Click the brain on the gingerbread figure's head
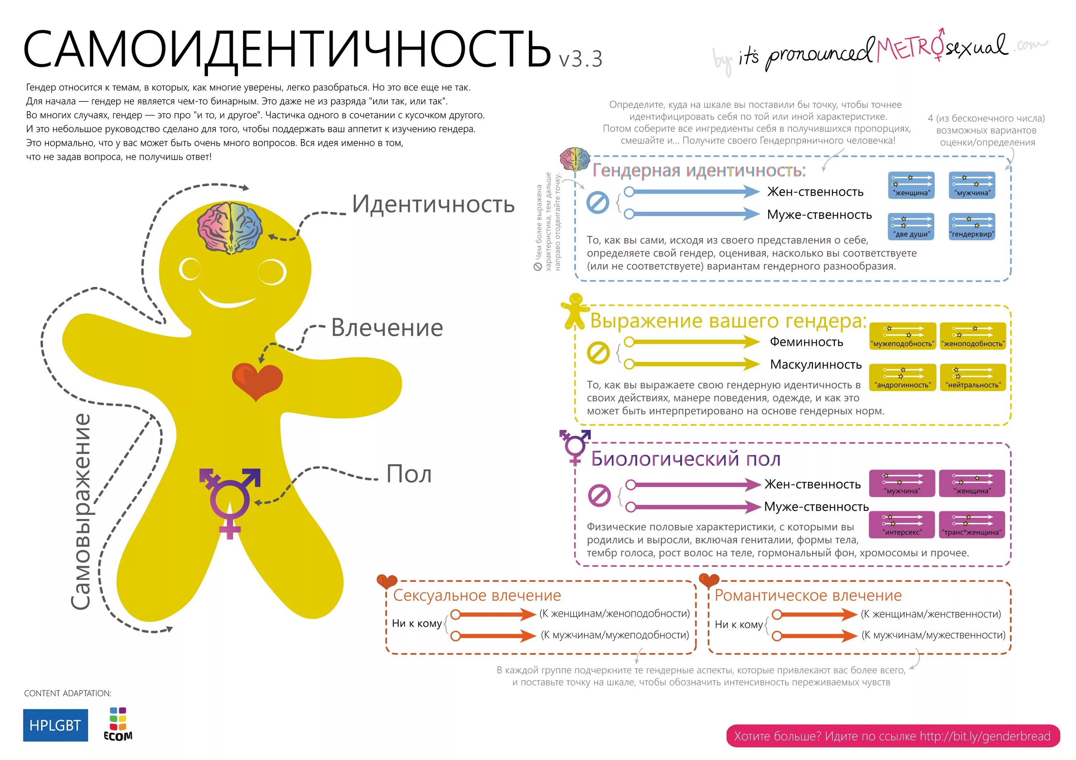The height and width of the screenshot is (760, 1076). (230, 228)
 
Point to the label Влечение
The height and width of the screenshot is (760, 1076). (387, 328)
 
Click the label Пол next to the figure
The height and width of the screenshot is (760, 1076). (409, 474)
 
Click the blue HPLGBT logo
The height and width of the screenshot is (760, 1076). (55, 725)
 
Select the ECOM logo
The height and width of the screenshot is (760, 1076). (118, 725)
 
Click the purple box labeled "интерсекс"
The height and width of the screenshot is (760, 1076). (902, 525)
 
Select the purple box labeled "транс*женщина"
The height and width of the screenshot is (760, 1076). (972, 525)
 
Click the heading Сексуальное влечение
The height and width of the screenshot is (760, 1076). (477, 595)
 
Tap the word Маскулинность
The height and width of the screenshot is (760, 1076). (816, 364)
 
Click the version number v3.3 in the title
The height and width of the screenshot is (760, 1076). (580, 59)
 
